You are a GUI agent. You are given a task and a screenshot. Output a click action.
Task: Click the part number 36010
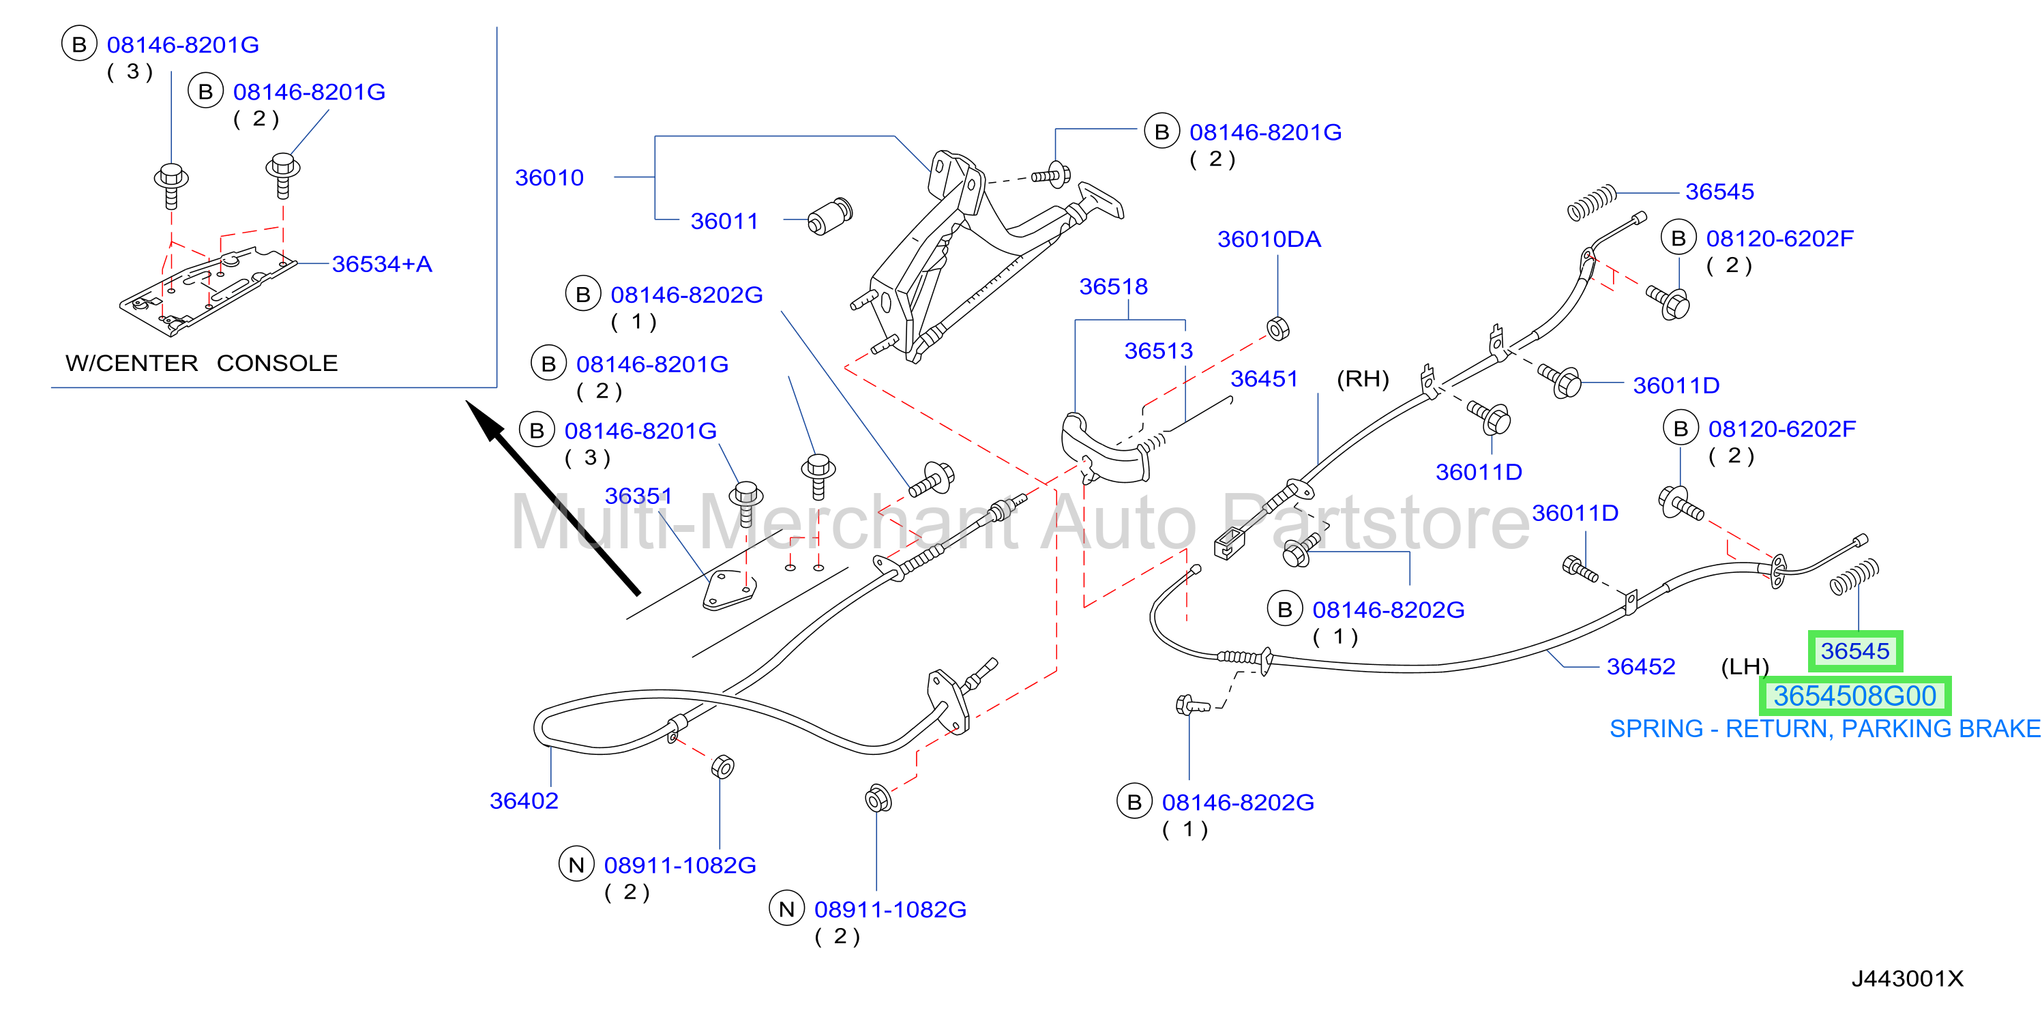click(x=549, y=177)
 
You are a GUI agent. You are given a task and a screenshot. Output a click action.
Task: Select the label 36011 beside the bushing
click(x=724, y=221)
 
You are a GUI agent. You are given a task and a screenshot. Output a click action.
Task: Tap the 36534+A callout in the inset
click(x=382, y=264)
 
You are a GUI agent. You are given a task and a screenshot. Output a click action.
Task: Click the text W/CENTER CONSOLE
click(x=201, y=363)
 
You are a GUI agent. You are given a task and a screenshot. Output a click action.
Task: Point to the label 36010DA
click(x=1269, y=239)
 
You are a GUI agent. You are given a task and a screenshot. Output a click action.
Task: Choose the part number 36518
click(x=1113, y=286)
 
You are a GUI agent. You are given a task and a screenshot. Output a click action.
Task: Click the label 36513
click(x=1158, y=351)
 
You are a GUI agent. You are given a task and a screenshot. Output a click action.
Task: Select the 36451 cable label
click(x=1264, y=378)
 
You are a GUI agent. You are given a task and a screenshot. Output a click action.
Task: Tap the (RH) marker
click(x=1363, y=378)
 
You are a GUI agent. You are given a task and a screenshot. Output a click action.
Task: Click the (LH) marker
click(x=1745, y=666)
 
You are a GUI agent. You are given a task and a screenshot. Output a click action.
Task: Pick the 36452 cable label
click(x=1641, y=666)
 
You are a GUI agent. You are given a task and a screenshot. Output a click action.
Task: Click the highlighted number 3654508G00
click(x=1855, y=696)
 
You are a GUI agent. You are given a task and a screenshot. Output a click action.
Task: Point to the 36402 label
click(x=524, y=801)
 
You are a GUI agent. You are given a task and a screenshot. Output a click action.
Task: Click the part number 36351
click(x=638, y=496)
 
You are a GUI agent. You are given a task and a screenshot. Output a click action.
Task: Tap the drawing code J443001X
click(x=1907, y=979)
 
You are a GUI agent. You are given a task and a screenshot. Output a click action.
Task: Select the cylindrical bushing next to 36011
click(x=830, y=216)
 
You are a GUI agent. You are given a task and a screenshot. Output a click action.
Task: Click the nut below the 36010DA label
click(x=1278, y=328)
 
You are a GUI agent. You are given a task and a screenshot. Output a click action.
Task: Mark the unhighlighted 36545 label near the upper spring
click(x=1719, y=192)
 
